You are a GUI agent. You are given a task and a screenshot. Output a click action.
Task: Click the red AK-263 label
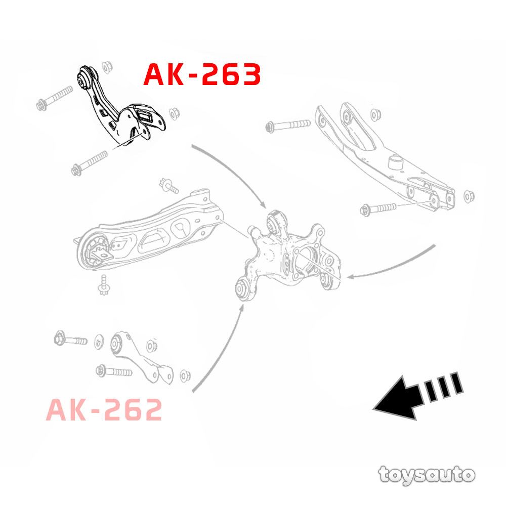[202, 74]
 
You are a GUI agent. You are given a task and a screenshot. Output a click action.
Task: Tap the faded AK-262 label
[104, 409]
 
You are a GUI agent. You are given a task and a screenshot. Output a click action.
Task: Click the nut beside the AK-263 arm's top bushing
[107, 67]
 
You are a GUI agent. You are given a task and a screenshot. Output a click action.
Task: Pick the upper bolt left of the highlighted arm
[55, 98]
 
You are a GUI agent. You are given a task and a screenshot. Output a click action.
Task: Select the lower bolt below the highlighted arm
[90, 163]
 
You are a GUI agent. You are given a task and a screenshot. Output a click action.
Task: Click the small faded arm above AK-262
[142, 358]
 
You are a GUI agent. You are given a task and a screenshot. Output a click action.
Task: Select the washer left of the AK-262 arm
[99, 342]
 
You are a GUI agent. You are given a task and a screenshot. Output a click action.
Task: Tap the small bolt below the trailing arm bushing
[104, 285]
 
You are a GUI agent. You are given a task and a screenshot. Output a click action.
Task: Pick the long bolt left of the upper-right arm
[288, 125]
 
